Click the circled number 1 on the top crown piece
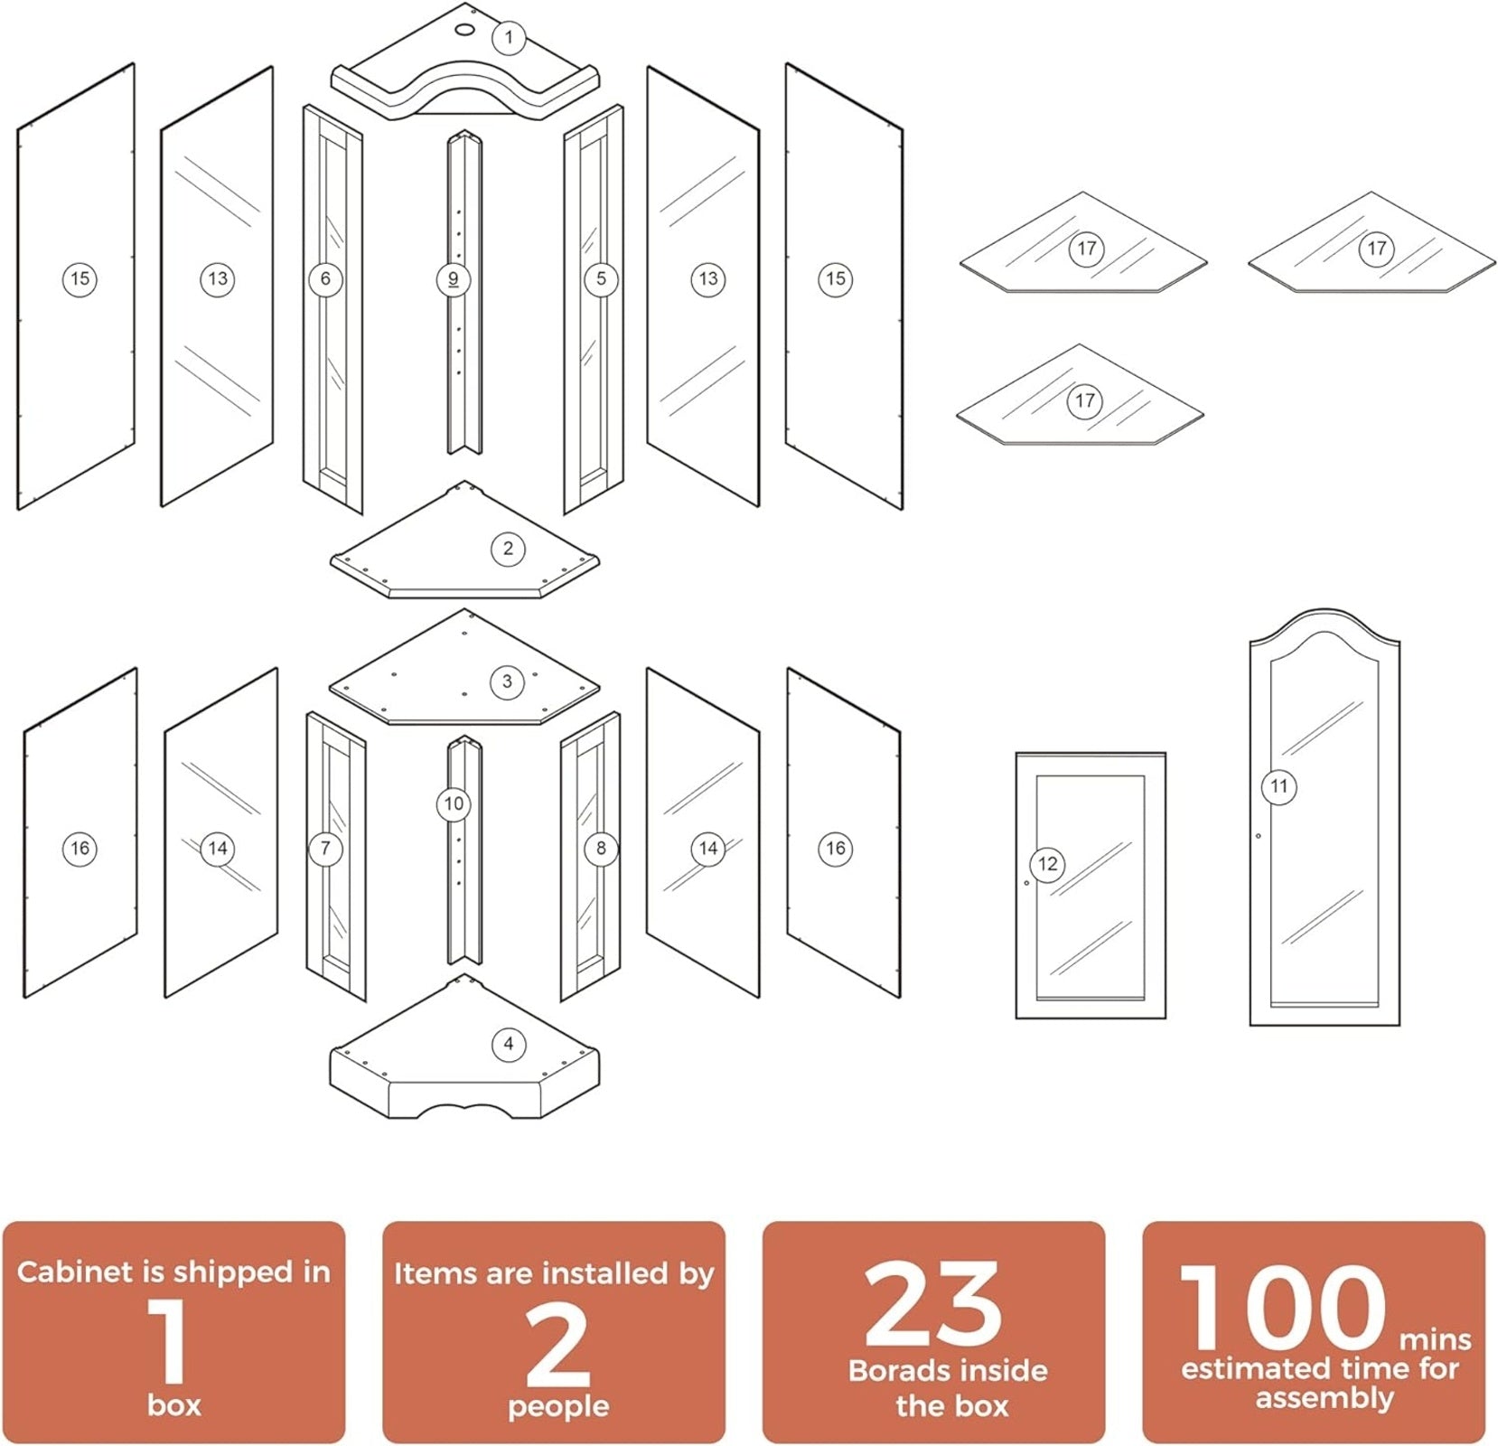tap(509, 37)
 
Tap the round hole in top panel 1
tap(463, 30)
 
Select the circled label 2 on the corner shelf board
tap(508, 548)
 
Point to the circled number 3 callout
tap(507, 681)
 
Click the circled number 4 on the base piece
tap(509, 1044)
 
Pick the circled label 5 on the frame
tap(601, 278)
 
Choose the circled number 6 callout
tap(325, 278)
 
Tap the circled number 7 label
tap(325, 848)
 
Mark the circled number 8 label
tap(601, 848)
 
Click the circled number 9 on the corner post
tap(454, 279)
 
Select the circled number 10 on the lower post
tap(454, 803)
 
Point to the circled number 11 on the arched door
tap(1278, 786)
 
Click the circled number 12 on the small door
tap(1047, 864)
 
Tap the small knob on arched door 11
tap(1259, 836)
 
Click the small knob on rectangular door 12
tap(1027, 883)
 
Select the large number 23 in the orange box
tap(933, 1303)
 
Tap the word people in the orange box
tap(558, 1407)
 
